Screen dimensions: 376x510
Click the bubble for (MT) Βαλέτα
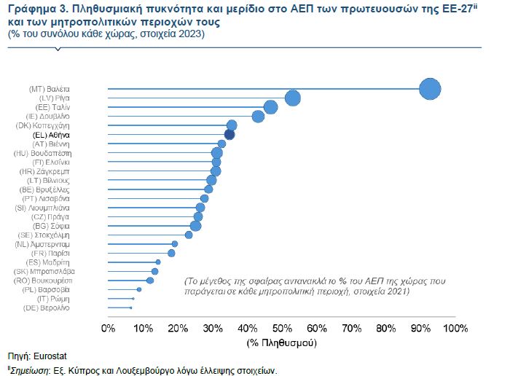pyautogui.click(x=431, y=89)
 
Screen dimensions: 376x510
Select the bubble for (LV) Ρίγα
pyautogui.click(x=293, y=98)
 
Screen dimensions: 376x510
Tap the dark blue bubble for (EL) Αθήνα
pyautogui.click(x=229, y=134)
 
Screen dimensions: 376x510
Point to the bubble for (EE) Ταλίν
pyautogui.click(x=270, y=107)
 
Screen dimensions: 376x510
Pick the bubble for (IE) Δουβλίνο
pyautogui.click(x=258, y=117)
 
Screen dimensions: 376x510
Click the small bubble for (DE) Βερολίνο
pyautogui.click(x=131, y=308)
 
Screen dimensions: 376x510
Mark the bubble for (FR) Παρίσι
pyautogui.click(x=171, y=253)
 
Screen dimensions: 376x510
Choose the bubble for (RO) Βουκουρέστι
pyautogui.click(x=150, y=280)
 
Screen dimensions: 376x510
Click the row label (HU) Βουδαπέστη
pyautogui.click(x=43, y=153)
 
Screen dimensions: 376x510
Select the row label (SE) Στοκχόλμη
pyautogui.click(x=44, y=235)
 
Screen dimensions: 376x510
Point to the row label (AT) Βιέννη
pyautogui.click(x=51, y=144)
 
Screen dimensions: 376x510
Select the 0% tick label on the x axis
pyautogui.click(x=109, y=329)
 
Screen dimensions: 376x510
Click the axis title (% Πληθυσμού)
pyautogui.click(x=281, y=341)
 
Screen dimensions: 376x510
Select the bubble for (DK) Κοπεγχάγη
pyautogui.click(x=232, y=125)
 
